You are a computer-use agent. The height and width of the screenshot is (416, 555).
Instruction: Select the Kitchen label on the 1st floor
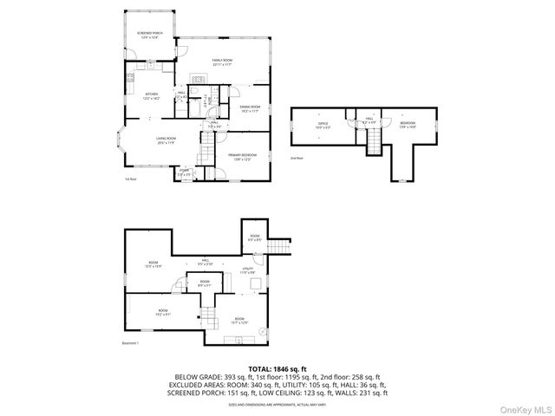pyautogui.click(x=150, y=97)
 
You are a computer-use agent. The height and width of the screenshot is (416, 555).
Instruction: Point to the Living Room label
pyautogui.click(x=165, y=140)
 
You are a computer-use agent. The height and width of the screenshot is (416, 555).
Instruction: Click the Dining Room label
pyautogui.click(x=250, y=108)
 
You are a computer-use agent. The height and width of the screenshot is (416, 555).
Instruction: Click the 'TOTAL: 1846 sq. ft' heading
pyautogui.click(x=277, y=370)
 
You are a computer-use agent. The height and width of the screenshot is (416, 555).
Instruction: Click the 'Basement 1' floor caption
pyautogui.click(x=131, y=343)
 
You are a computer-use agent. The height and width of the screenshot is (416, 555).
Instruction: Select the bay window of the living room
pyautogui.click(x=121, y=146)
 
